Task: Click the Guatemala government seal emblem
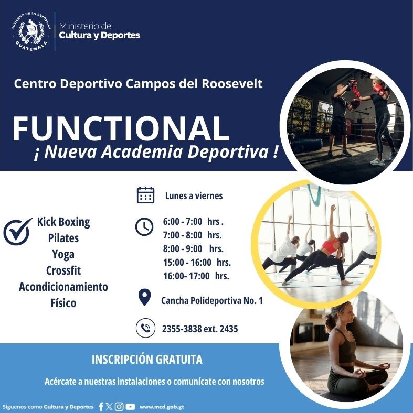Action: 31,31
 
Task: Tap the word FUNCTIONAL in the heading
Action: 121,129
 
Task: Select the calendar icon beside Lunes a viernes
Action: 145,195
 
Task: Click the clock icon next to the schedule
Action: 144,226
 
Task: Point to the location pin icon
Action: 144,297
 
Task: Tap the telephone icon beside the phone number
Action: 145,328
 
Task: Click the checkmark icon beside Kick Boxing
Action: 17,232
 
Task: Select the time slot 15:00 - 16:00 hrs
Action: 197,263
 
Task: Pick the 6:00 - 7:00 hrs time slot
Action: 193,222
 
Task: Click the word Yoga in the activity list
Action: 63,254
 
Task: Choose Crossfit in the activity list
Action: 63,270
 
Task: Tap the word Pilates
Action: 63,238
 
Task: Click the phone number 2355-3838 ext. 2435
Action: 200,329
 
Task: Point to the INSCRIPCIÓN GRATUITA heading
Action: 147,359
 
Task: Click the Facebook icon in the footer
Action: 101,407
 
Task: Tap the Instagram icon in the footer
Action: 119,407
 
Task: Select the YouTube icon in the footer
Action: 131,407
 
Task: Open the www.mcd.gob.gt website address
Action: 162,407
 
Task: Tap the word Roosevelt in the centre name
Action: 232,84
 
